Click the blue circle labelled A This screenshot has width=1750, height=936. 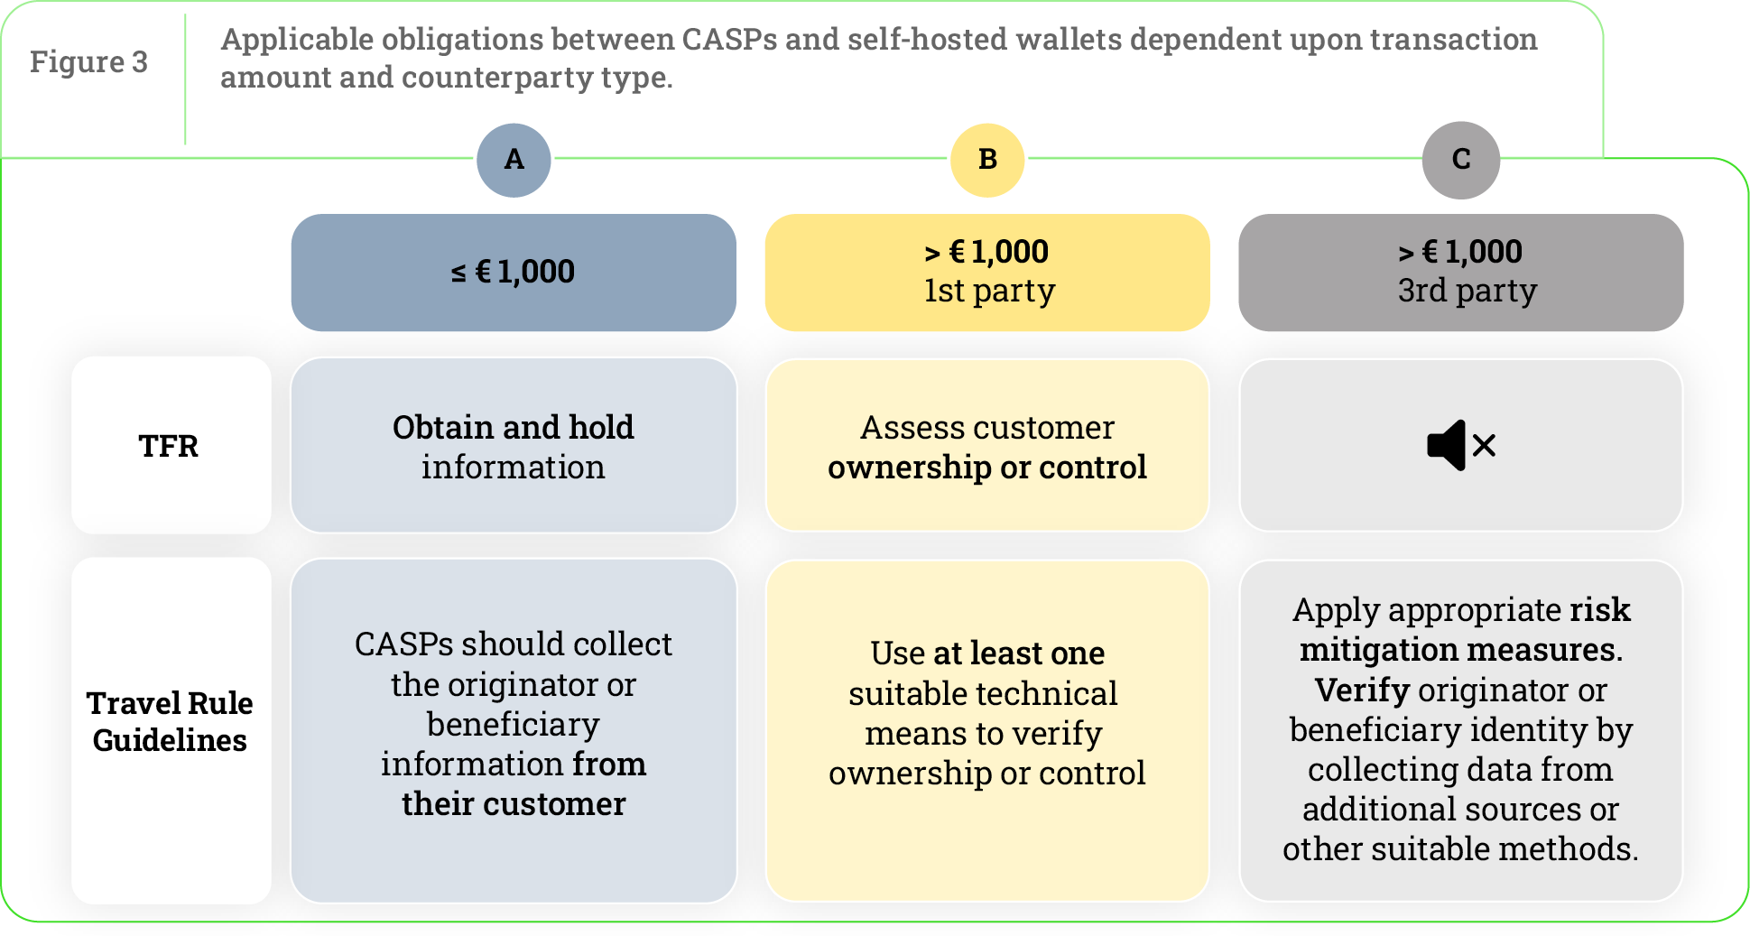[514, 160]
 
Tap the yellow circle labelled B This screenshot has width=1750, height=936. [987, 160]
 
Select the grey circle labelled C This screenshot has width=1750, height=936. [1460, 160]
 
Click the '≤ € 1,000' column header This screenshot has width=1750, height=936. [513, 272]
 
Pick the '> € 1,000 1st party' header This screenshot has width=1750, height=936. [986, 272]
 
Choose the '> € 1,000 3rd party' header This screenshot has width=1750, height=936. [1460, 272]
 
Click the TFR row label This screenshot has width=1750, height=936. [170, 446]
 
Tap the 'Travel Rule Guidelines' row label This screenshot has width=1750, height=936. [170, 721]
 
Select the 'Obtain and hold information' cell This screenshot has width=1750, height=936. [513, 446]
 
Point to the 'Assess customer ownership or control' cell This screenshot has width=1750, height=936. [986, 446]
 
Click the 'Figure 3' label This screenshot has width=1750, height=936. [88, 62]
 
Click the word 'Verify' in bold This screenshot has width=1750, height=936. [1362, 690]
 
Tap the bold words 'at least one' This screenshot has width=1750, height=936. [1019, 653]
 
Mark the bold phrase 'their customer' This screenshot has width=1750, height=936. [514, 804]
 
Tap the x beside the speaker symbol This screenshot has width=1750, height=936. [1485, 445]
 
